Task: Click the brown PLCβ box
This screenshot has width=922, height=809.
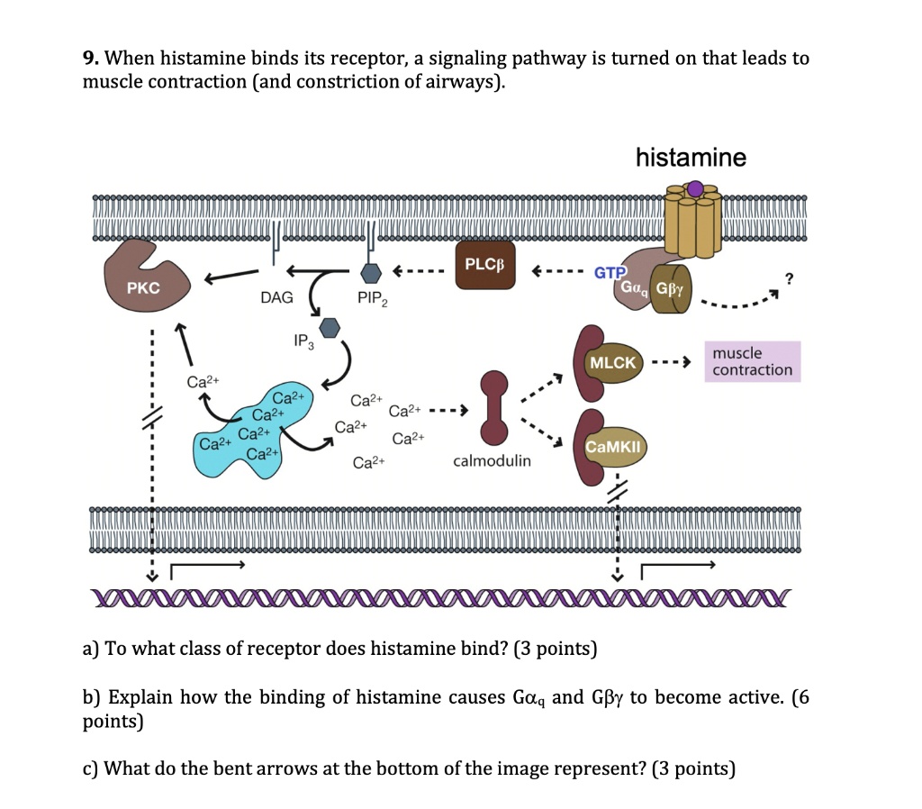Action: point(485,265)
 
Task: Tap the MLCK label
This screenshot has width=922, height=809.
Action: point(612,362)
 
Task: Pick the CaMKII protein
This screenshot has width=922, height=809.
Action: point(612,446)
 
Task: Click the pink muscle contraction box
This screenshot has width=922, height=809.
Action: point(752,361)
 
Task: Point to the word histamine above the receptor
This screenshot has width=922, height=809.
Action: point(691,159)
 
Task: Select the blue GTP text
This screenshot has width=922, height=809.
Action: point(609,272)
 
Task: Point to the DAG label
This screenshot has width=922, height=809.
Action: point(276,297)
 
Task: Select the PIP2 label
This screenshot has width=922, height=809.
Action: point(372,299)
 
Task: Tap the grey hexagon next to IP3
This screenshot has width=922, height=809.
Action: point(330,327)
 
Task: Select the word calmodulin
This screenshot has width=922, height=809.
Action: point(492,460)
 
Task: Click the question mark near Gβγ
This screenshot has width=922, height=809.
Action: point(790,278)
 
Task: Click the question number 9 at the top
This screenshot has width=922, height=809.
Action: point(89,59)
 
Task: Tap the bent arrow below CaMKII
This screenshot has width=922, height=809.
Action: point(675,568)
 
